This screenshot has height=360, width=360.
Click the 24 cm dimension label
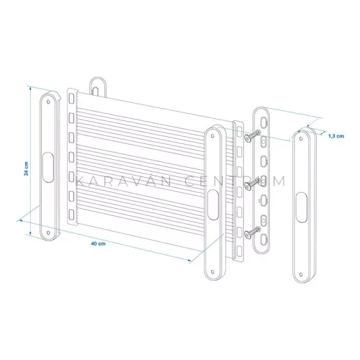(26, 168)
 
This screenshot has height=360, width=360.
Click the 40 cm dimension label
(98, 243)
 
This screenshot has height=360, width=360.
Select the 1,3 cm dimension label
(336, 136)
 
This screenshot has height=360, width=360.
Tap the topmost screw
(253, 135)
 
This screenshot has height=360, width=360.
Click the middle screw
(253, 184)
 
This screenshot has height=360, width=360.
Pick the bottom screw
(253, 233)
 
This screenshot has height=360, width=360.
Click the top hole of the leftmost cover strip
(48, 102)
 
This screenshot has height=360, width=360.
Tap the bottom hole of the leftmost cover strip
(48, 233)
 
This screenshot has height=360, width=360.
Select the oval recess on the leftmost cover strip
(48, 168)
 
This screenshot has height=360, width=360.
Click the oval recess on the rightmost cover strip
(302, 207)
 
